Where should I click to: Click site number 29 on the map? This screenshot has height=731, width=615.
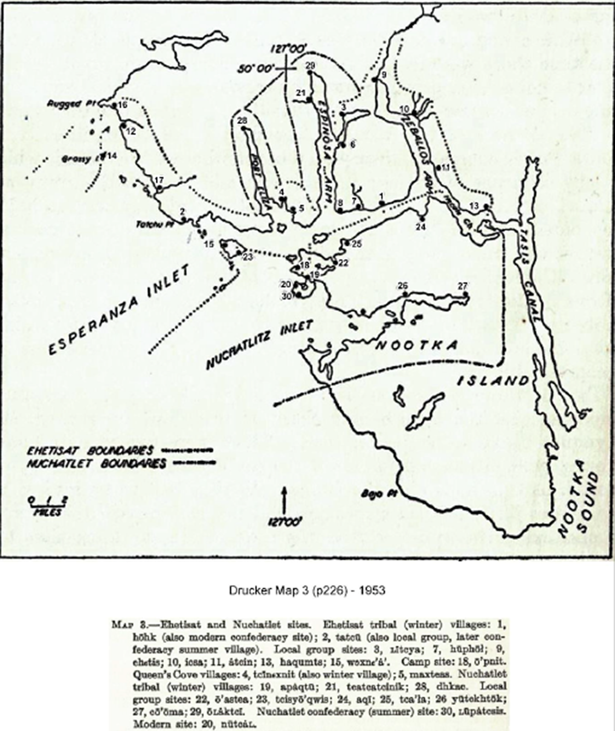(x=310, y=65)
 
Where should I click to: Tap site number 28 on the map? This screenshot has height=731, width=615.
(x=243, y=121)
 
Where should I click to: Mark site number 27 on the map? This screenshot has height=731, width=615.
(x=463, y=286)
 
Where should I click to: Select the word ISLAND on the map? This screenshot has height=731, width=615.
(x=492, y=381)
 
